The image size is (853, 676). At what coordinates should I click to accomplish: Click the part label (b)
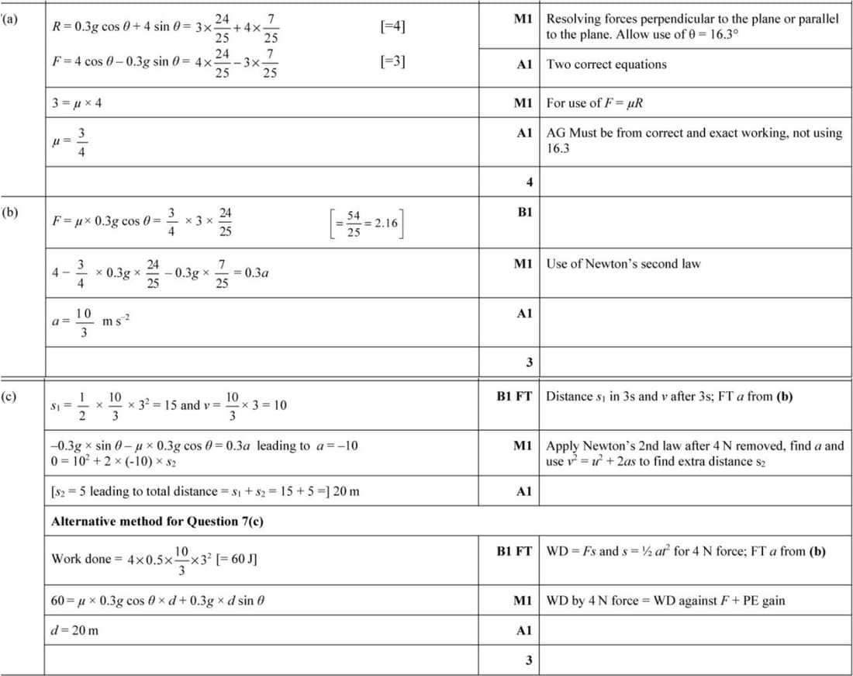pos(11,211)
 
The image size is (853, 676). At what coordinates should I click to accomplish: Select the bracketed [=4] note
pos(393,26)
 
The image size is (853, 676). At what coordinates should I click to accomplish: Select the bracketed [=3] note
pos(393,61)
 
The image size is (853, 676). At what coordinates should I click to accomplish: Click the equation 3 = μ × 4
pos(76,103)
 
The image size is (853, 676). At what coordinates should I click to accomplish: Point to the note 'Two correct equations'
pos(606,64)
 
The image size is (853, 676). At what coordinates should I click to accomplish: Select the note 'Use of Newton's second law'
pos(623,263)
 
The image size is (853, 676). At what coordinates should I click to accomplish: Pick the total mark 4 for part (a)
pos(529,182)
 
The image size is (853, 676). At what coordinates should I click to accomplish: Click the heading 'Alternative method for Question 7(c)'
pos(157,521)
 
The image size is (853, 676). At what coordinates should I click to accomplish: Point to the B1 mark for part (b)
pos(524,212)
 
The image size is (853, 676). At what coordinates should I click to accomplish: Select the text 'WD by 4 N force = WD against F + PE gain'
pos(665,600)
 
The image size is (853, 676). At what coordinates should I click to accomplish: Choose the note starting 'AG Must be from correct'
pos(694,140)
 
